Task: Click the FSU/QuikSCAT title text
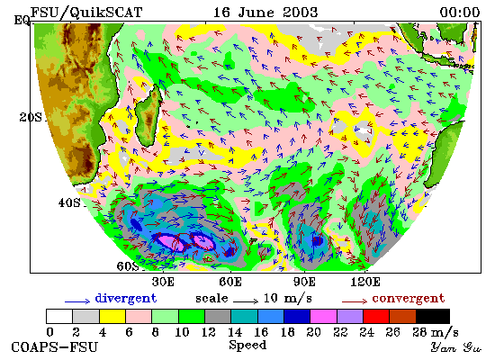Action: tap(86, 13)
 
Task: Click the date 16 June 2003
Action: tap(265, 13)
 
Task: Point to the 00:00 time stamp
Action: tap(460, 13)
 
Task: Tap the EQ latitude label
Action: tap(22, 21)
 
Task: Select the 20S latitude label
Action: tap(31, 118)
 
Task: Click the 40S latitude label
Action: tap(69, 202)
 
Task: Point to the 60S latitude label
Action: tap(128, 266)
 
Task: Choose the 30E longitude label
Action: tap(163, 282)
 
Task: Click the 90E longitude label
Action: tap(304, 282)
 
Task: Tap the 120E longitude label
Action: tap(365, 282)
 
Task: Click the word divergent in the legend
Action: tap(126, 299)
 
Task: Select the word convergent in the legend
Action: tap(409, 299)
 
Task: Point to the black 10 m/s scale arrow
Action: tap(246, 301)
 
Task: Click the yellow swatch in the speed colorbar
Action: tap(112, 317)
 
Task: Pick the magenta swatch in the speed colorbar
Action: tap(323, 317)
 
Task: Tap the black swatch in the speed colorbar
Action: tap(433, 317)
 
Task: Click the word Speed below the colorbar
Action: tap(247, 345)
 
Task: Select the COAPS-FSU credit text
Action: tap(54, 347)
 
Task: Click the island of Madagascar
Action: tap(148, 116)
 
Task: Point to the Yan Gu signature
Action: tap(456, 347)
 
